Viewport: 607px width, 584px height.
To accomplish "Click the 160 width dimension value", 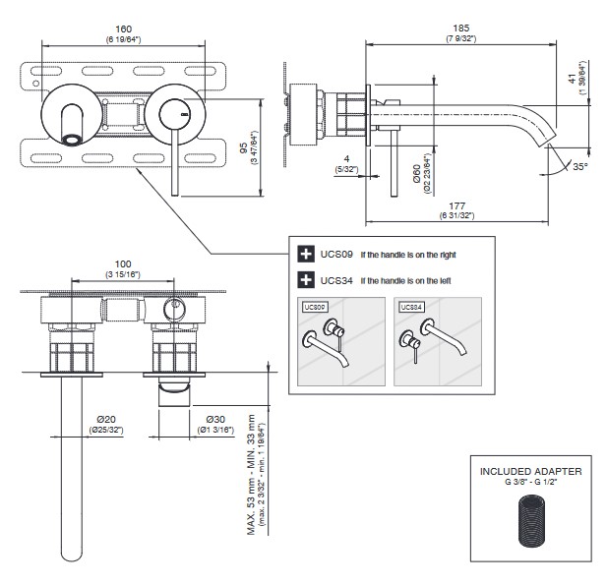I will [x=123, y=29].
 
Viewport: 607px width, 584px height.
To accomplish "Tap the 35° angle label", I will [x=581, y=167].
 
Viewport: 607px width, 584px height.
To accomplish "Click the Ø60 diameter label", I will [x=417, y=174].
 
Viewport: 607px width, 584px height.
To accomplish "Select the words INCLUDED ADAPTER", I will [x=530, y=471].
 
